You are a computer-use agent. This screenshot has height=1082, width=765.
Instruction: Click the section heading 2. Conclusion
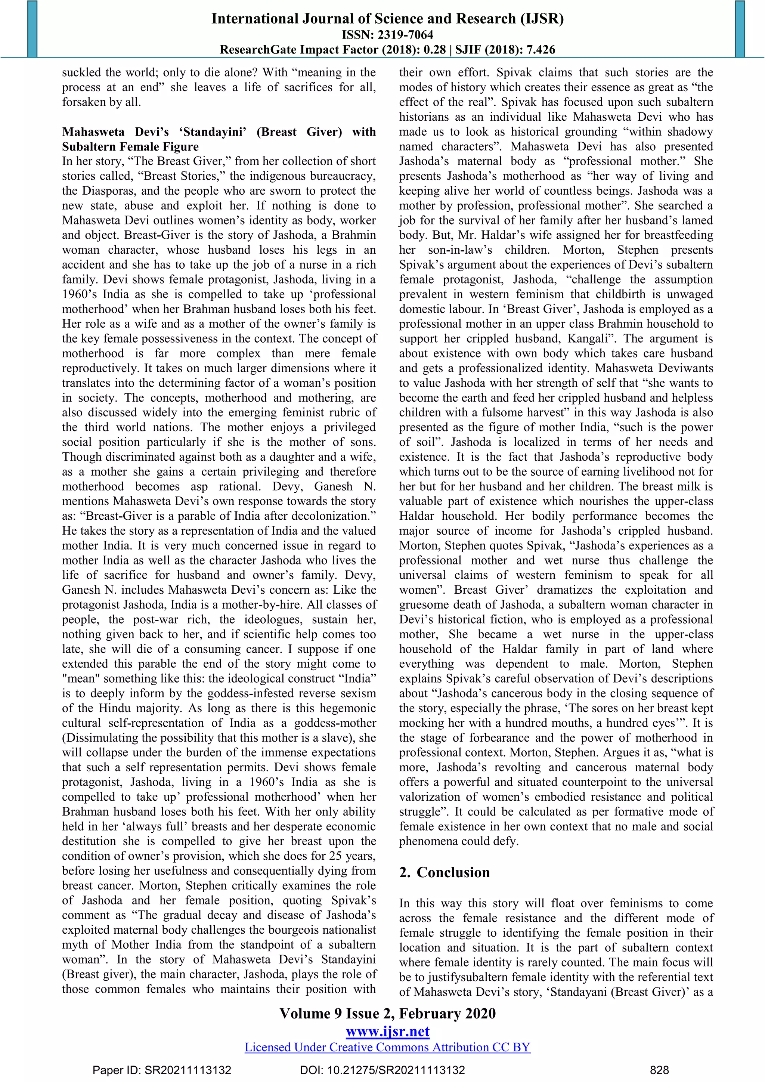coord(444,872)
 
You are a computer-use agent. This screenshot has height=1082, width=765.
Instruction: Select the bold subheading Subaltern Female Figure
coord(130,146)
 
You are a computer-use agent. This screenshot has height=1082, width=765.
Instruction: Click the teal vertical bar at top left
coord(32,29)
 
